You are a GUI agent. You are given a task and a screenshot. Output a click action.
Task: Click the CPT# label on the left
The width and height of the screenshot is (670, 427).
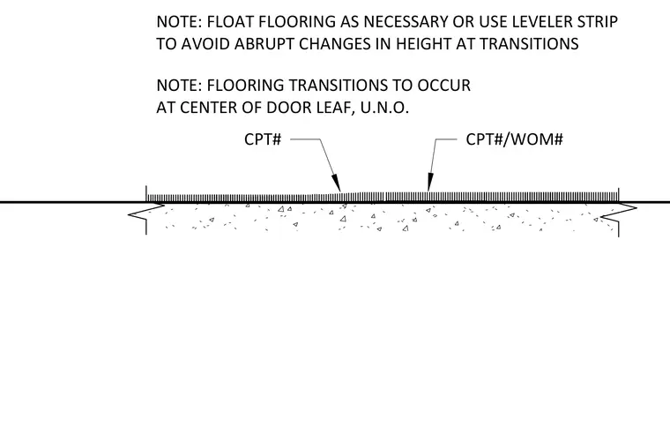tap(263, 139)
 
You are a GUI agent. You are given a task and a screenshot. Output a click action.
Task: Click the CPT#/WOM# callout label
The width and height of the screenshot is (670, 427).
tap(515, 139)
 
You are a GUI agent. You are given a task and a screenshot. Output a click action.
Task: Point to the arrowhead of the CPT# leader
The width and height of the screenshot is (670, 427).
tap(336, 183)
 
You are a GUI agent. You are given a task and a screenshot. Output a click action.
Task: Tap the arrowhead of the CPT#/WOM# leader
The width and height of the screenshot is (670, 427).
tap(430, 182)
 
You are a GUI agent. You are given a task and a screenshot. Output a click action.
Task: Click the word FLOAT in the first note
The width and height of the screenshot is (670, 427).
tap(229, 22)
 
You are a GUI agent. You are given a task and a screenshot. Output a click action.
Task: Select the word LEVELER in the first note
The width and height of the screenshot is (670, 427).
tap(542, 22)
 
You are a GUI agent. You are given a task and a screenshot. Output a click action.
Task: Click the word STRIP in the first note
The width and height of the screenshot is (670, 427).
tap(598, 22)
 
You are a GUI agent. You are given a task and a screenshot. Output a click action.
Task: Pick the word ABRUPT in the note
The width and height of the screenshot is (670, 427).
tap(264, 44)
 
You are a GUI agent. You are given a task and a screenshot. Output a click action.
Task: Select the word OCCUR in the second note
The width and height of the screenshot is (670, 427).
tap(444, 86)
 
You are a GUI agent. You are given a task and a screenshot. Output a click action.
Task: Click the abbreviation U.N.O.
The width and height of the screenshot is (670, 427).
tap(384, 108)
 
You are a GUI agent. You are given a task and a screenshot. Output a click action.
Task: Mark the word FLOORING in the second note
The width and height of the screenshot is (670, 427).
tap(246, 86)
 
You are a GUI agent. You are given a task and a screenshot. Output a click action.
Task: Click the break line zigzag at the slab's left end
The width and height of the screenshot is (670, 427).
tap(146, 213)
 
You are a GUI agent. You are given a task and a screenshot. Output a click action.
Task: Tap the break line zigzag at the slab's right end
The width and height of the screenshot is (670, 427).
tap(619, 213)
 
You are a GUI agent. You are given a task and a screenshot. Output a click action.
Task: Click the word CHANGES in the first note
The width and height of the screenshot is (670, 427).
tap(335, 44)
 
